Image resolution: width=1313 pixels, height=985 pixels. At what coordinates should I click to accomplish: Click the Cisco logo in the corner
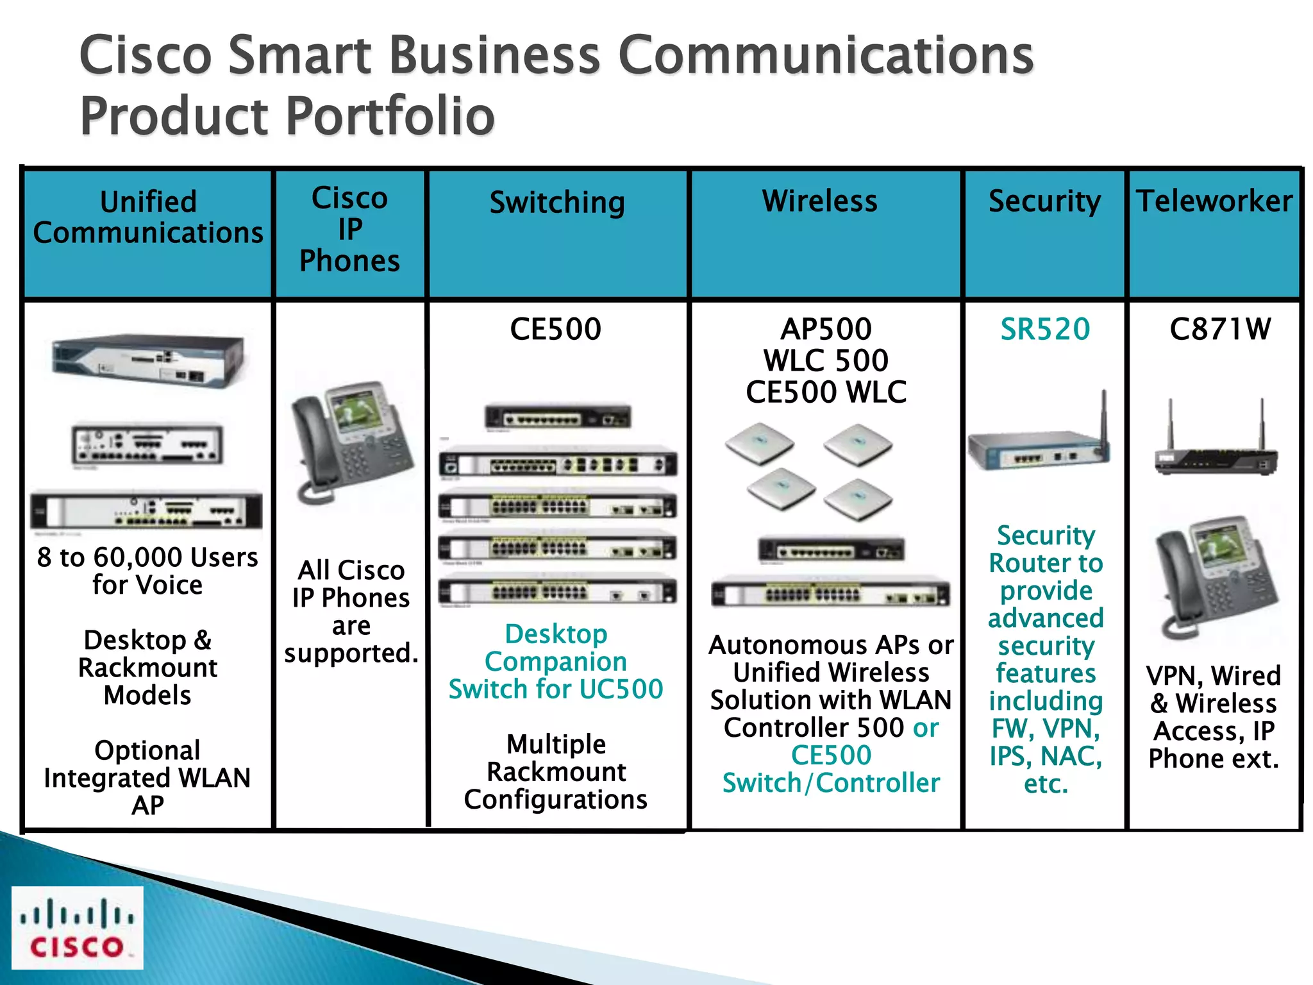coord(77,927)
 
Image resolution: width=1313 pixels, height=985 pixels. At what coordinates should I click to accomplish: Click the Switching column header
coord(557,203)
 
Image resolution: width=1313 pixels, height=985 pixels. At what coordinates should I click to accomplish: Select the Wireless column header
coord(819,201)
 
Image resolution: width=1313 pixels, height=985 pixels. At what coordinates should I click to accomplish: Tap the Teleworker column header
coord(1214,201)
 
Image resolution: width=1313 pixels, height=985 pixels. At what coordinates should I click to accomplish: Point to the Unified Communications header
coord(148,217)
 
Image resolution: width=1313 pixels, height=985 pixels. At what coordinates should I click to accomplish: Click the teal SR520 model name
coord(1045,330)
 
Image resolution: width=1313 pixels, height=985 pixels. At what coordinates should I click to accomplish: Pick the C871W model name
coord(1219,330)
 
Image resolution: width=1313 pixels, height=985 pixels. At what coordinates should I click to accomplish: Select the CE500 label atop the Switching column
coord(555,330)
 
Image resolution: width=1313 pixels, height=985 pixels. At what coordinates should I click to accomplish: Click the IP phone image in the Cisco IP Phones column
coord(351,442)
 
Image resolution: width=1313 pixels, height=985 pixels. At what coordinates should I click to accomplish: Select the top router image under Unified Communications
coord(148,359)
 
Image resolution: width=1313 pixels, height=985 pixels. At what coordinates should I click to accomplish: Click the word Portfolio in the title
coord(390,117)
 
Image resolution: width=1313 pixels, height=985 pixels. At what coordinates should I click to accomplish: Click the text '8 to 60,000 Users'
coord(147,557)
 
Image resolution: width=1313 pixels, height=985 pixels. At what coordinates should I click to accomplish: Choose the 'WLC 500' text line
coord(826,360)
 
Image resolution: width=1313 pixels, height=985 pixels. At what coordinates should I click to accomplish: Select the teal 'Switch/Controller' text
coord(831,783)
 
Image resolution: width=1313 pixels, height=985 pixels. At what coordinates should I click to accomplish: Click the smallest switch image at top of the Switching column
coord(558,417)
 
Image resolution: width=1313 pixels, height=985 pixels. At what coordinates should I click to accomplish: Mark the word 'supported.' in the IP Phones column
coord(351,653)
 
